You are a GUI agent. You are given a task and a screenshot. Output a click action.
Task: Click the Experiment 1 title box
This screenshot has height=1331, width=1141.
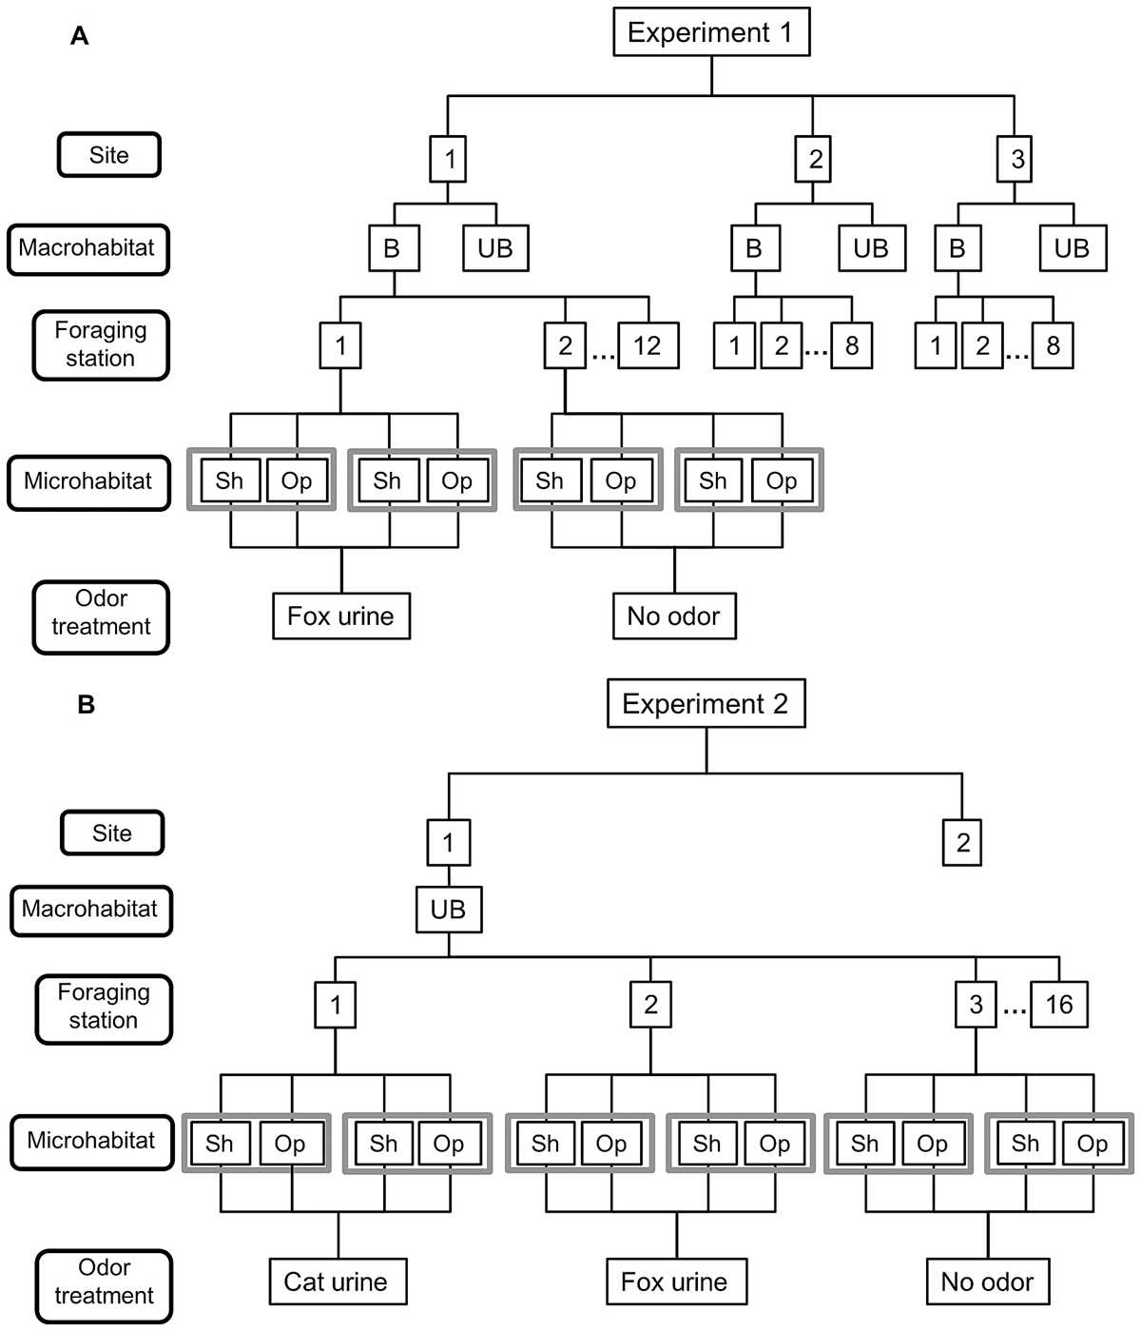click(711, 32)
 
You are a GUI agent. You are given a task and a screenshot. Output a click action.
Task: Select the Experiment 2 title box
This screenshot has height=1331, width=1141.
click(706, 703)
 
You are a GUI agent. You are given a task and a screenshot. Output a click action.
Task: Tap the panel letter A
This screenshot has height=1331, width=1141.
click(79, 36)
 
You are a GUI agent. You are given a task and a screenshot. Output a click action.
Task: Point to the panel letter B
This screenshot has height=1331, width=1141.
click(86, 704)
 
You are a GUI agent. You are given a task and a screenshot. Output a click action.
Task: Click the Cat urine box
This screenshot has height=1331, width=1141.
click(338, 1282)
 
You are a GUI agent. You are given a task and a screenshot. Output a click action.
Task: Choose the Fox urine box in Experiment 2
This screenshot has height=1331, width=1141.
click(676, 1282)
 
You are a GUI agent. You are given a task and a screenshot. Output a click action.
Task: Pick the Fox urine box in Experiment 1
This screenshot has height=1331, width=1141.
click(341, 617)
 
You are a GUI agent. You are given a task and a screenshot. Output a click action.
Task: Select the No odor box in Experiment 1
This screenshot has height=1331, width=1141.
click(674, 617)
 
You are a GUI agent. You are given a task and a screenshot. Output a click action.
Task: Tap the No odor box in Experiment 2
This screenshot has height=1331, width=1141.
click(988, 1282)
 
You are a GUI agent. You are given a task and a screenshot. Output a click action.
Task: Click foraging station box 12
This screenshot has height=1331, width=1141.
click(648, 345)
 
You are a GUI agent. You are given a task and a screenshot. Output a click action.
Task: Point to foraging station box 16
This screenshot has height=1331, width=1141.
click(1059, 1005)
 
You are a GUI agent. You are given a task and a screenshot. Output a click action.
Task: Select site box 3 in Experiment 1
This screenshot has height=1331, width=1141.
click(1015, 159)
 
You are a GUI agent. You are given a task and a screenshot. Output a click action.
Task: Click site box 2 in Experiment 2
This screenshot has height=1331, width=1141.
click(962, 842)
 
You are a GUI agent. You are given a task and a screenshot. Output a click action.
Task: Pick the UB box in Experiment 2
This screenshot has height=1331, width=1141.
click(449, 910)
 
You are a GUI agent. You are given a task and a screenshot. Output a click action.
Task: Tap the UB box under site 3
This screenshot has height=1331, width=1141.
click(1073, 248)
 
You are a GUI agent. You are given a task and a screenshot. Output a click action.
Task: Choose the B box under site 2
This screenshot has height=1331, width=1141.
click(756, 248)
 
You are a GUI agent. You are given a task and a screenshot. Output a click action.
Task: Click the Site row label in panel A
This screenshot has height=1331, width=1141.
click(108, 155)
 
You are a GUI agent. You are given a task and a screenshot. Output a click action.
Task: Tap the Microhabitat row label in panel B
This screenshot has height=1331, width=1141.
click(92, 1143)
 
